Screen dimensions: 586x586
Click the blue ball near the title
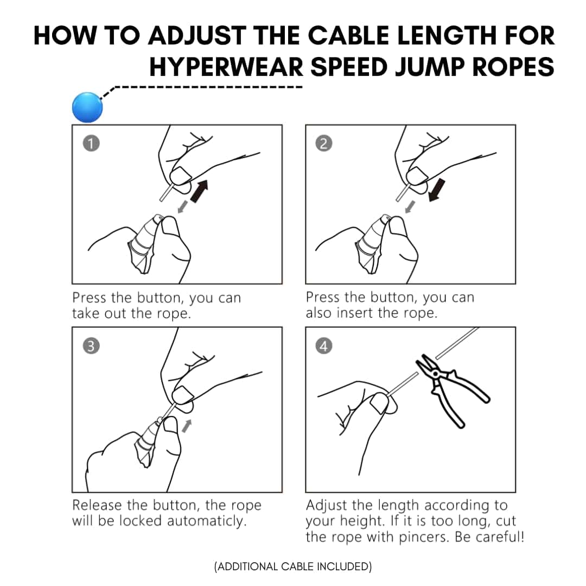click(x=87, y=107)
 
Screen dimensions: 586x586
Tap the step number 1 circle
click(x=91, y=143)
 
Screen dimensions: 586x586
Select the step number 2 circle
click(x=323, y=143)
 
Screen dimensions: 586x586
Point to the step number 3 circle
click(x=91, y=346)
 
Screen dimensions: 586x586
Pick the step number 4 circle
click(x=323, y=346)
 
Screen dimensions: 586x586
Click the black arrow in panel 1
click(x=199, y=191)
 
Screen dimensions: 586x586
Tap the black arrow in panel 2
click(x=436, y=190)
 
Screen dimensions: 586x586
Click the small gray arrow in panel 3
click(x=187, y=426)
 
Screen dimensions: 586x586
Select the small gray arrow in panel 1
click(x=183, y=207)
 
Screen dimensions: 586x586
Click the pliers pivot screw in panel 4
click(x=435, y=373)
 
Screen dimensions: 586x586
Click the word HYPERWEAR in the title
click(x=226, y=67)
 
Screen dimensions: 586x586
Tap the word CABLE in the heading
click(x=349, y=36)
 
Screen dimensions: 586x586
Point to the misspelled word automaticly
click(x=207, y=520)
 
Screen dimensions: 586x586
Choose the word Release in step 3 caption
click(x=97, y=505)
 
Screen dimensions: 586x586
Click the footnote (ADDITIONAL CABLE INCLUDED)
click(x=293, y=566)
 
